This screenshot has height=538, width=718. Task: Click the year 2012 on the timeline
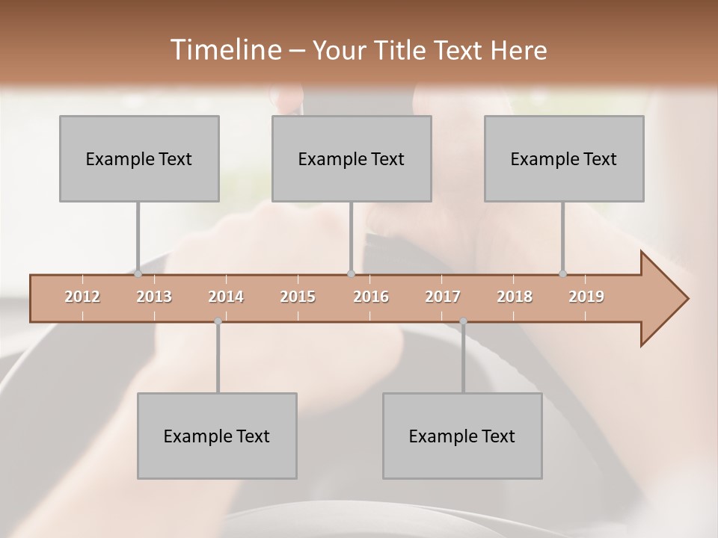tap(82, 297)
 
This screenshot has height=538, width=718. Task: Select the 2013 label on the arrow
tap(154, 297)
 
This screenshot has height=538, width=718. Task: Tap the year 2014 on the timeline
tap(226, 297)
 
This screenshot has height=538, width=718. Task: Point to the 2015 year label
tap(298, 297)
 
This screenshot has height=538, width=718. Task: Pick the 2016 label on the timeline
tap(371, 297)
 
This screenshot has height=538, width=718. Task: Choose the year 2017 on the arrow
tap(443, 297)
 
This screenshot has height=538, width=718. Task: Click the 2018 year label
tap(515, 297)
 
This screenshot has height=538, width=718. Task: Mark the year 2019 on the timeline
tap(586, 297)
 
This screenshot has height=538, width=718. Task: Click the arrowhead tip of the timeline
tap(687, 299)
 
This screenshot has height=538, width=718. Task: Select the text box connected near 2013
tap(139, 158)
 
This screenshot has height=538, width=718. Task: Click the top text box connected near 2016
tap(352, 158)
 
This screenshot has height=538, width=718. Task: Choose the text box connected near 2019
tap(564, 158)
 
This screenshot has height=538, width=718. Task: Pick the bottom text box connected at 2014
tap(217, 436)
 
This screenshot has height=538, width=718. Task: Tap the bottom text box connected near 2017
tap(462, 436)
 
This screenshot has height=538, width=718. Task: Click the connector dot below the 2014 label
tap(218, 321)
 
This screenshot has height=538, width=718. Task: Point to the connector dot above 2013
tap(138, 274)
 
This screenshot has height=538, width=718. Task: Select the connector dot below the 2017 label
tap(463, 321)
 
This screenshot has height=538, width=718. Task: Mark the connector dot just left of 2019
tap(562, 274)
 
